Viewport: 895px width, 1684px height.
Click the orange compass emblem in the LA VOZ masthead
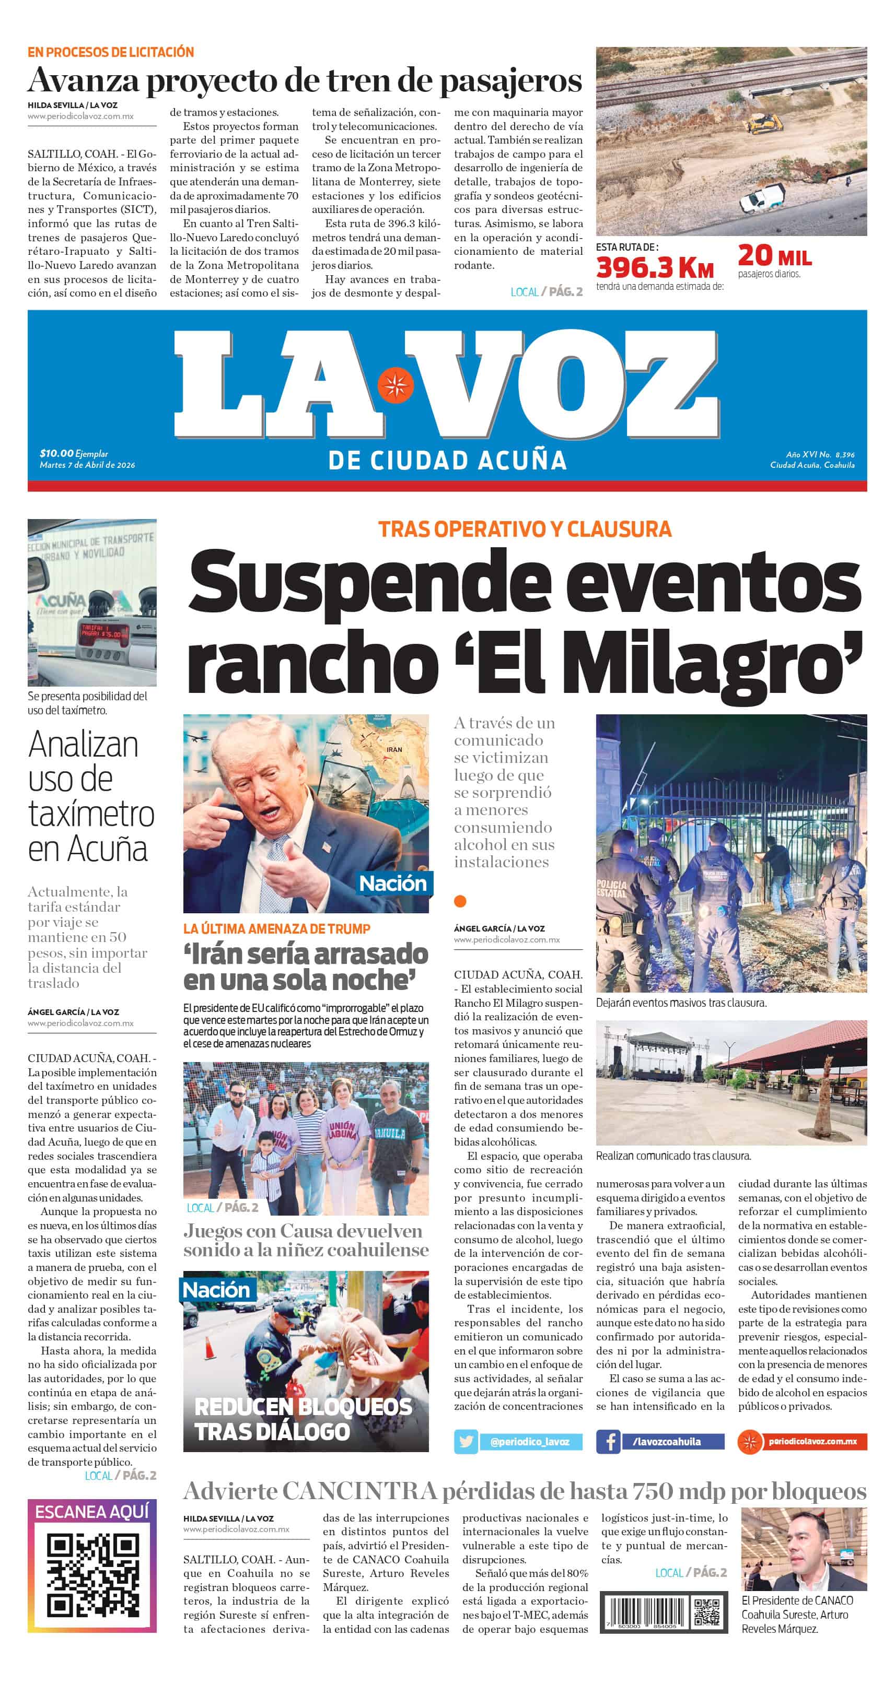click(x=395, y=386)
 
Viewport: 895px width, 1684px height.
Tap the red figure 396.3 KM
click(x=654, y=267)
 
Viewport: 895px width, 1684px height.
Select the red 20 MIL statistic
click(x=775, y=256)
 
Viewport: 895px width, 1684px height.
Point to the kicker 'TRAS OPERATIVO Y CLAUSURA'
click(x=525, y=529)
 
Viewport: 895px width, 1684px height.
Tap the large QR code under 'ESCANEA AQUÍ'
click(x=92, y=1576)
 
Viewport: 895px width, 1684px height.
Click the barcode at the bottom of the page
click(x=642, y=1612)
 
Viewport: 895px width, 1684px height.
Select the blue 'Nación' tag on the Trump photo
click(x=392, y=883)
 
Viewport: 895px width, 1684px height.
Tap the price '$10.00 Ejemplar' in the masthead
click(x=73, y=453)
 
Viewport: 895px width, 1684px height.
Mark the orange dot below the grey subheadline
click(x=460, y=901)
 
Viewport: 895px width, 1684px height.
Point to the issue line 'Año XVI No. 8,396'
click(x=820, y=454)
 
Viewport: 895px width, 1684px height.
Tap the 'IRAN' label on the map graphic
click(x=394, y=749)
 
